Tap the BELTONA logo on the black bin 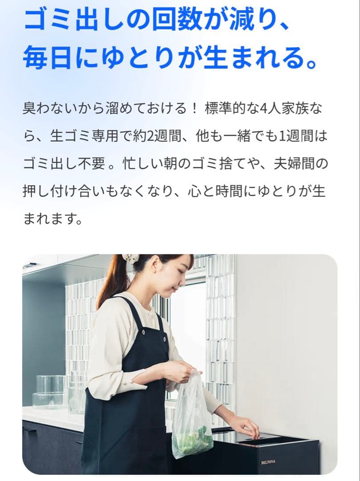coord(268,462)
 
